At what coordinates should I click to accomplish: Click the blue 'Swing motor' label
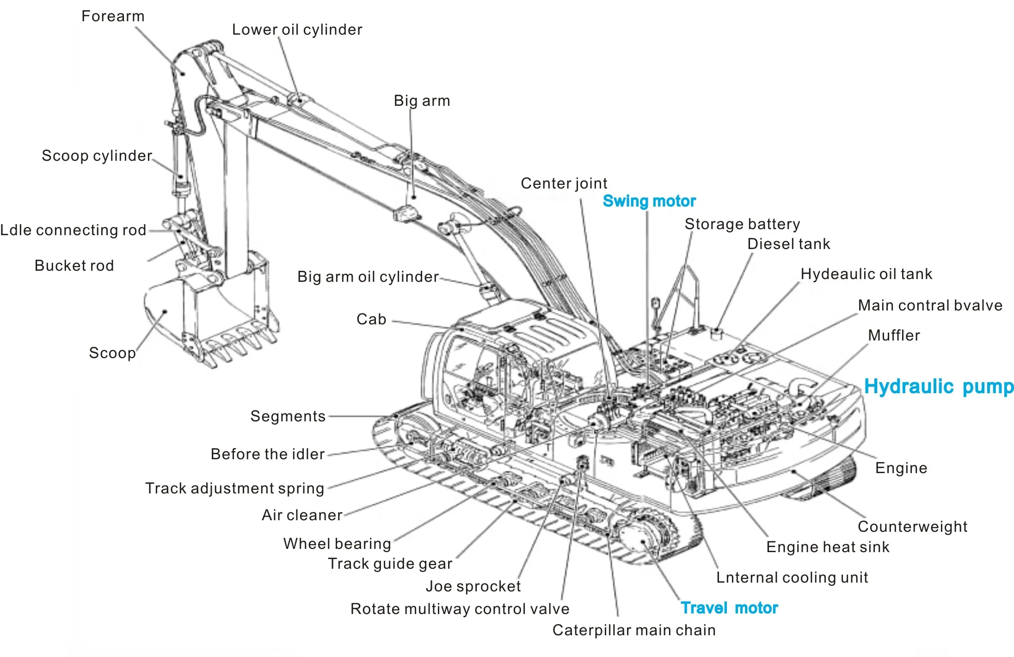pos(649,201)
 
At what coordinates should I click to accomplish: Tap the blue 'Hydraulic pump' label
pos(939,387)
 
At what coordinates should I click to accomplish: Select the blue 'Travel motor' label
pos(729,608)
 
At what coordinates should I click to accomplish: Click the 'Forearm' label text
pos(113,16)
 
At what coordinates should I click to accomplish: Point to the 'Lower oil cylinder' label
pos(297,30)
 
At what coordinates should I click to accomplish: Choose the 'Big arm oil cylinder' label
pos(368,277)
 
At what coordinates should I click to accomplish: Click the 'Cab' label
pos(371,319)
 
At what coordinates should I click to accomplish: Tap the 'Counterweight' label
pos(912,527)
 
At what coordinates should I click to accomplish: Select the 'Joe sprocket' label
pos(473,586)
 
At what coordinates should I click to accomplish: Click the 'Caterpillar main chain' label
pos(634,630)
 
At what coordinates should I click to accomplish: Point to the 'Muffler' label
pos(894,335)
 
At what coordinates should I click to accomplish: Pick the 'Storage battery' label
pos(742,224)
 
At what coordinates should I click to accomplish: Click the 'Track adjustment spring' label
pos(235,488)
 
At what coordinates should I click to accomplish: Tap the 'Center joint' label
pos(564,183)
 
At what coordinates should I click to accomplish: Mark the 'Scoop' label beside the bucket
pos(112,353)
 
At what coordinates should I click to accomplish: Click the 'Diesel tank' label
pos(789,244)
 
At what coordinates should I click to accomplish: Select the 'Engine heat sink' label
pos(828,547)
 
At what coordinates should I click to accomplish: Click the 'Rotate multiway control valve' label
pos(460,609)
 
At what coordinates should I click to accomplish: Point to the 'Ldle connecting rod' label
pos(73,230)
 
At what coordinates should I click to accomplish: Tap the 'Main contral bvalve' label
pos(930,305)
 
